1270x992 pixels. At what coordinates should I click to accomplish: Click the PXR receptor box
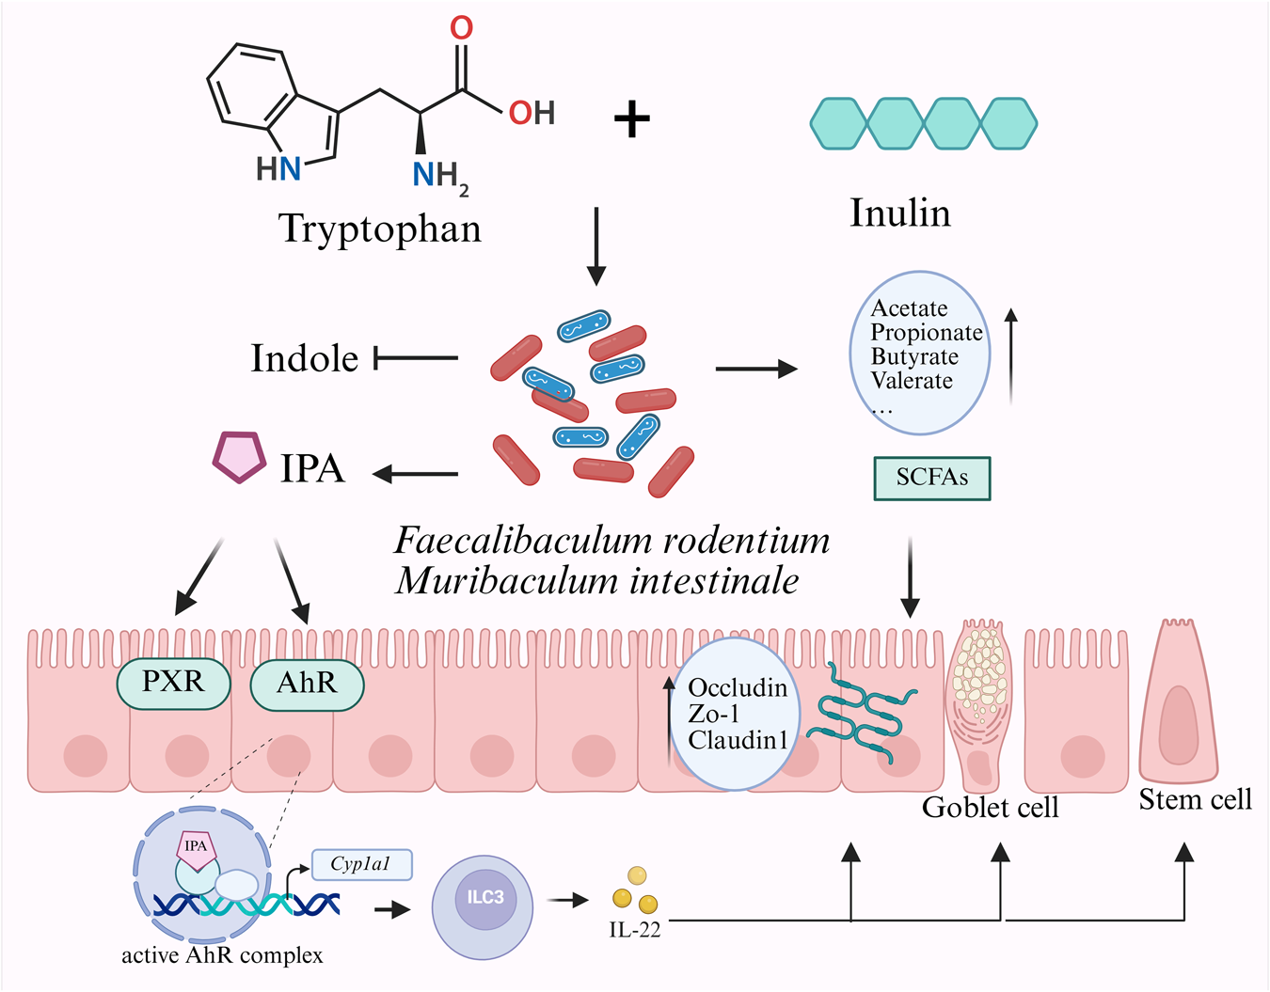point(174,685)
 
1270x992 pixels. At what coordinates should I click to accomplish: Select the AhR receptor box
point(307,685)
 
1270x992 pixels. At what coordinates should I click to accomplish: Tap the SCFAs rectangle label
point(932,479)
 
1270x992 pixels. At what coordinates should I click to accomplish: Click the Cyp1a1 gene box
point(362,864)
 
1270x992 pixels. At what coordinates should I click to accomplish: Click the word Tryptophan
point(380,228)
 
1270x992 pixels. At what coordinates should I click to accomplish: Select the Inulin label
point(900,213)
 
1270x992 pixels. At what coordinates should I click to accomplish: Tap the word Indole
point(305,358)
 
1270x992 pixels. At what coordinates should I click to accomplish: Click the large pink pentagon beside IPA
point(238,457)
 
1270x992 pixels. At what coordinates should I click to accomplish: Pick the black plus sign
point(632,119)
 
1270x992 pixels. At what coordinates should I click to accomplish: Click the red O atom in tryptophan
point(462,27)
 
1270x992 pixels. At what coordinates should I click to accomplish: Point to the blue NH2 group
point(440,177)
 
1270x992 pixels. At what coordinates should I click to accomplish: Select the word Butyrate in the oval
point(914,356)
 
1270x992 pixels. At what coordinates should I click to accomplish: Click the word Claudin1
point(738,740)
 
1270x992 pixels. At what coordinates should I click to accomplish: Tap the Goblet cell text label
point(990,808)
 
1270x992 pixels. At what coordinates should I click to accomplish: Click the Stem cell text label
point(1195,799)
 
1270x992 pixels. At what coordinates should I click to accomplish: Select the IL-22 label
point(635,930)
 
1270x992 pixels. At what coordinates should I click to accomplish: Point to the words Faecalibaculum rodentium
point(611,541)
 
